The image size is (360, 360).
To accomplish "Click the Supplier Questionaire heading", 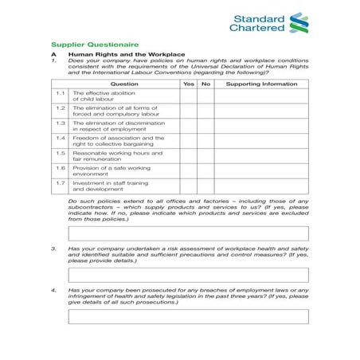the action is click(94, 45).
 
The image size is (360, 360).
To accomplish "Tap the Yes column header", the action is click(188, 84).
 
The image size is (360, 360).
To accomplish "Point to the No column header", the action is click(205, 84).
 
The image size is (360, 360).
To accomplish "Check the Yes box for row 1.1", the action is click(188, 96).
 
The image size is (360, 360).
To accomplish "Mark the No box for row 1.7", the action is click(205, 186).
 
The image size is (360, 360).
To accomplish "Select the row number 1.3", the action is click(61, 123).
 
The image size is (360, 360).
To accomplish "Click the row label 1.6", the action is click(61, 168).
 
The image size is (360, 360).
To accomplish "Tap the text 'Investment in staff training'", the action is click(108, 182).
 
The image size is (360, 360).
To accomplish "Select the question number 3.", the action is click(53, 248).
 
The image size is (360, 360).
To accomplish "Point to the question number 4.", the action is click(53, 290).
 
